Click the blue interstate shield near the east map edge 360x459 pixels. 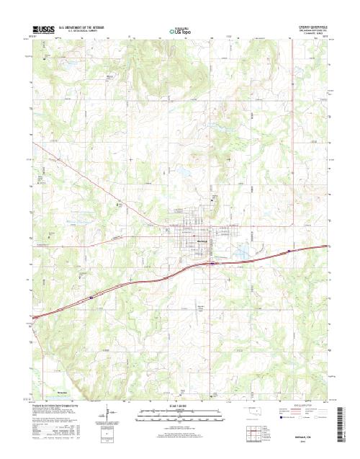290,251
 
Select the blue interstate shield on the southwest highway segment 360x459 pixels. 91,296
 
